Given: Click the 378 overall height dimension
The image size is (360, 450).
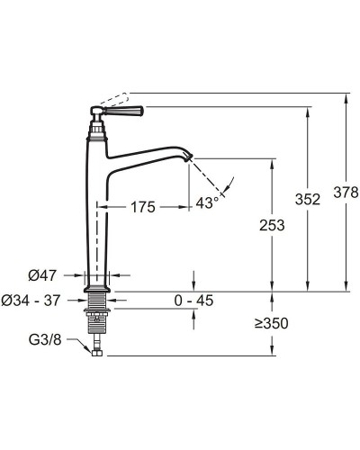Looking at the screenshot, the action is pyautogui.click(x=346, y=193).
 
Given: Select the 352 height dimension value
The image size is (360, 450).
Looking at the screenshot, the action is pyautogui.click(x=308, y=200).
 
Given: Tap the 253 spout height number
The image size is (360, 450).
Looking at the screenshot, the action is pyautogui.click(x=272, y=225).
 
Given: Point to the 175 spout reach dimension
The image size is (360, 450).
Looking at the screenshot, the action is pyautogui.click(x=143, y=207).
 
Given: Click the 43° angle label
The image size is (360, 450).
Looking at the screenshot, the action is pyautogui.click(x=207, y=203).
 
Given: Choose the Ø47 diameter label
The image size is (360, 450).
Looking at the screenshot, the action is pyautogui.click(x=42, y=275).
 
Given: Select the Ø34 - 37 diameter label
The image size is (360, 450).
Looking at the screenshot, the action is pyautogui.click(x=31, y=301).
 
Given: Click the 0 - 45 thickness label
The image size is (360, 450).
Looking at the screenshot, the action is pyautogui.click(x=193, y=301).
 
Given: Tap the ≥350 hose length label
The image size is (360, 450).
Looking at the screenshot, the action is pyautogui.click(x=272, y=323).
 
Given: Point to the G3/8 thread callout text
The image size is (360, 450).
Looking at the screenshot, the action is pyautogui.click(x=45, y=340).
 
